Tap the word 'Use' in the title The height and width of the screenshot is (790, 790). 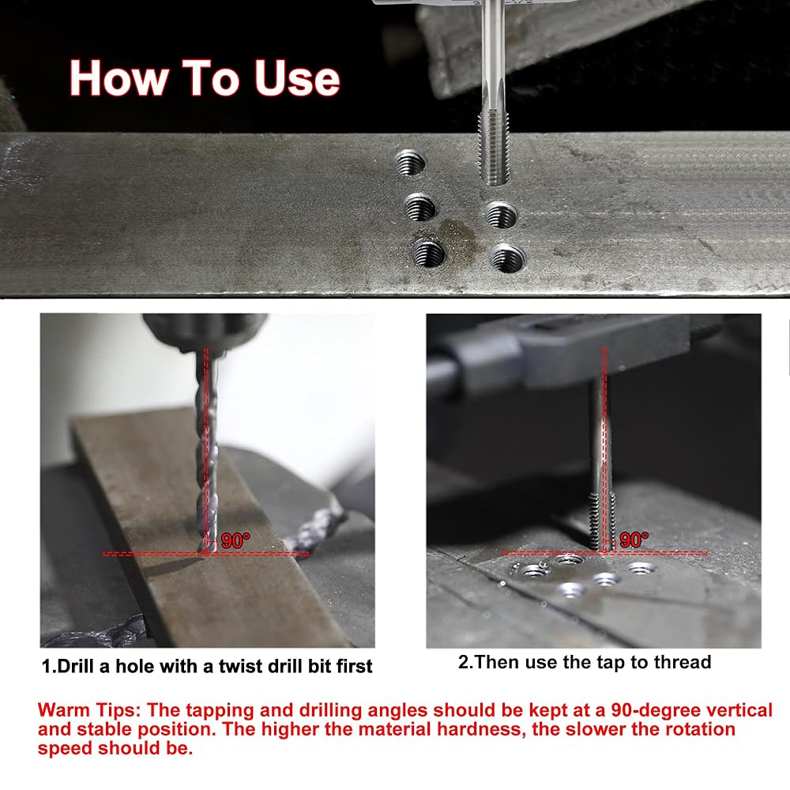tap(297, 78)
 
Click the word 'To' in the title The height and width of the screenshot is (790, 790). tap(210, 78)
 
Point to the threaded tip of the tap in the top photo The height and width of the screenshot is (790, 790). tap(494, 149)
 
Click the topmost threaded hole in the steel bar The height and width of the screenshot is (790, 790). tap(410, 163)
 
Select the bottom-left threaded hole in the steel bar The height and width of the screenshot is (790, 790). tap(429, 252)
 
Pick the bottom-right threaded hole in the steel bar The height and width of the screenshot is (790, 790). tap(508, 258)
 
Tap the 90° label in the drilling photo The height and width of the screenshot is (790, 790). tap(235, 540)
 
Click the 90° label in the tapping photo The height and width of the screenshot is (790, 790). tap(634, 540)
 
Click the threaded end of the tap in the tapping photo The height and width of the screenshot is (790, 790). tap(603, 521)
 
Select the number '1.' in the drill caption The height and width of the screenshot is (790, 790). tap(49, 666)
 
